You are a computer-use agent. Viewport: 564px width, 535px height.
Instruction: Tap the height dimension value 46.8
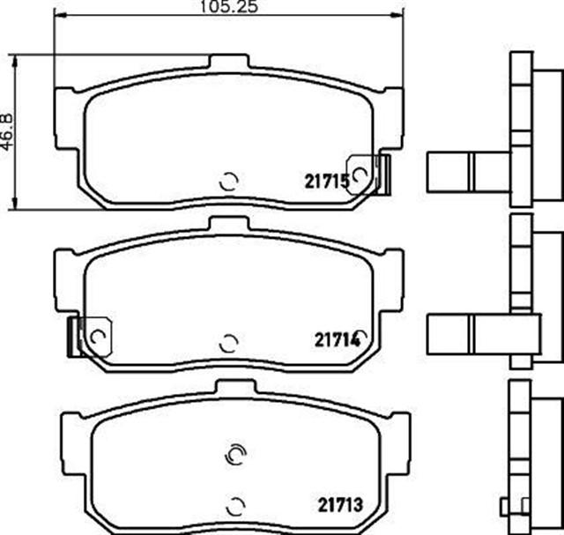click(x=9, y=132)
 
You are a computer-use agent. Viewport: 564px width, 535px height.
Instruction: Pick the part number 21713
click(x=339, y=505)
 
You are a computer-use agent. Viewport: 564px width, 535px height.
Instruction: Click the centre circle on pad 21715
click(x=228, y=182)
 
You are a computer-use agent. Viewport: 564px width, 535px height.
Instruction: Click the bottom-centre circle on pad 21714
click(x=228, y=342)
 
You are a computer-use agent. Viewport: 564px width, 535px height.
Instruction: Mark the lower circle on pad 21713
click(x=235, y=506)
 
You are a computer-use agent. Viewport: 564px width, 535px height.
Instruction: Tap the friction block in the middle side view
click(x=467, y=333)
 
